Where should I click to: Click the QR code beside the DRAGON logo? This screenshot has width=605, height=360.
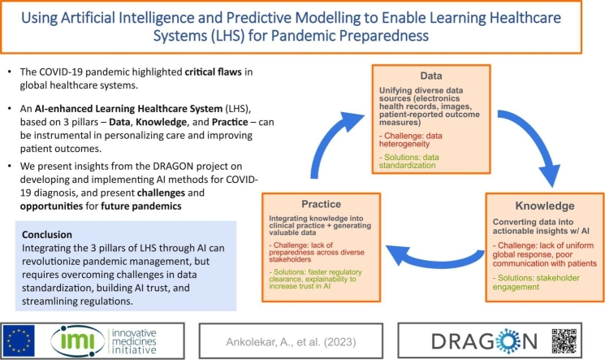[564, 341]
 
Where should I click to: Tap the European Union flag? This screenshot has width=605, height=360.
[18, 340]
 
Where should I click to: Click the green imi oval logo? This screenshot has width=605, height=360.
[78, 341]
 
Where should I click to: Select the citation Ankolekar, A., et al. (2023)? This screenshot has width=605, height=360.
[291, 342]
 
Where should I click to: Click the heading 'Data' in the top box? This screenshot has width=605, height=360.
[431, 76]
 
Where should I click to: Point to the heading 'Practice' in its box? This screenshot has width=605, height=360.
[321, 204]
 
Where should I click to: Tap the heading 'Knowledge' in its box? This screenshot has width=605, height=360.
[545, 206]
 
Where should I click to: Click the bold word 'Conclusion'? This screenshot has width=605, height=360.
[47, 235]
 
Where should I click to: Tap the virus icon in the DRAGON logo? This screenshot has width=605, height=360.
[508, 341]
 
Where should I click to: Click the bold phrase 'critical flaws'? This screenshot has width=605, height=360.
[214, 72]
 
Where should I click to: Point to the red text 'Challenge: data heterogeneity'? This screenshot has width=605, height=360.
[411, 140]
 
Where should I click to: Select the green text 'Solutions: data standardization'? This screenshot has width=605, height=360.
[409, 161]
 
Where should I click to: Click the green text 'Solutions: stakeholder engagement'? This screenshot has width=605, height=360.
[536, 282]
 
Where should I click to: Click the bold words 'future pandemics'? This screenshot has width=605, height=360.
[141, 206]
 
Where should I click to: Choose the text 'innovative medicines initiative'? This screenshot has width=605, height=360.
[134, 341]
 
